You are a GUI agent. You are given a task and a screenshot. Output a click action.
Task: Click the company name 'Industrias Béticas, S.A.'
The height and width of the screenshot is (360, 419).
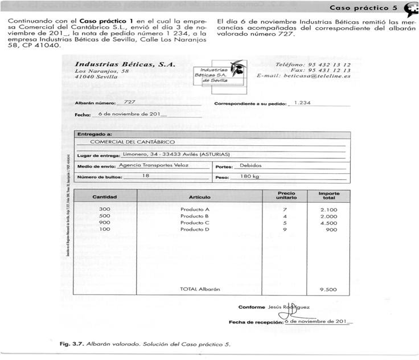[117, 65]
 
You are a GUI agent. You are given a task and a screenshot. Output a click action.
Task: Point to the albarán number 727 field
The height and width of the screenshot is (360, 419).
[129, 102]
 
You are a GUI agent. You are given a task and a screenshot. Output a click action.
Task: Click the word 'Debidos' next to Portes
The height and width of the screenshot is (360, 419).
[250, 166]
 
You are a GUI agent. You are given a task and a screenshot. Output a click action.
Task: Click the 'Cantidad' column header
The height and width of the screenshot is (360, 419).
[104, 197]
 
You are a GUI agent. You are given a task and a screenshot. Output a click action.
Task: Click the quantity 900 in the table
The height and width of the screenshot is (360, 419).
[104, 223]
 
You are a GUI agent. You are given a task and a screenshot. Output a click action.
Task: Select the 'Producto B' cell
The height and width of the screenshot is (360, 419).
[195, 216]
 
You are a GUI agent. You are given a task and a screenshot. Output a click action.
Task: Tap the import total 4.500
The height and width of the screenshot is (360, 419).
[329, 223]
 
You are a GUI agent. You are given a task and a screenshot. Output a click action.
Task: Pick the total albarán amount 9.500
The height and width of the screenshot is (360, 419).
[329, 289]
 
